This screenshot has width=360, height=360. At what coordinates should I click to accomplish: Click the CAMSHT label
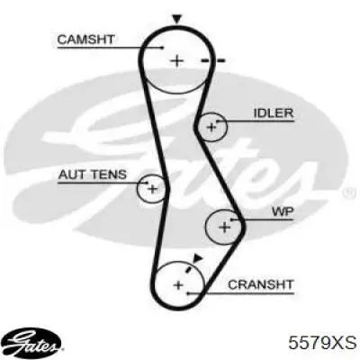85,40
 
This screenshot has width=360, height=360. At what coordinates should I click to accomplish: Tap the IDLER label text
273,113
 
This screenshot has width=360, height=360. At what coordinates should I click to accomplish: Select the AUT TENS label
93,175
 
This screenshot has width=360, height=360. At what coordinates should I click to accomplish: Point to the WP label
283,211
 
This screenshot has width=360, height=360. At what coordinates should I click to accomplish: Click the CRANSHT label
260,284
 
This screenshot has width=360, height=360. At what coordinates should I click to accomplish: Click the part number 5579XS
322,342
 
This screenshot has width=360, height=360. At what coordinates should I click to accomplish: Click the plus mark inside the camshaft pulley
176,60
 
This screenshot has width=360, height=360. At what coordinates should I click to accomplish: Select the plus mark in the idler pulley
211,127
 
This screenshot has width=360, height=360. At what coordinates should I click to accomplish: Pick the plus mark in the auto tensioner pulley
153,189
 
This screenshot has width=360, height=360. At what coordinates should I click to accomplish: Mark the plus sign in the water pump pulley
224,227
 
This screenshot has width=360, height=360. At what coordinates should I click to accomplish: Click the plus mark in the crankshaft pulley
178,284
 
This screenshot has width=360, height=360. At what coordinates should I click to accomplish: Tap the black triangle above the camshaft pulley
176,19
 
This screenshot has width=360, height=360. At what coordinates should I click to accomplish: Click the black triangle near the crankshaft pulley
197,258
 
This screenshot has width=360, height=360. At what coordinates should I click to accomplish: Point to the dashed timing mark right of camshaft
212,61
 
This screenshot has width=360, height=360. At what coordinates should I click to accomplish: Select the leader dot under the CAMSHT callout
162,48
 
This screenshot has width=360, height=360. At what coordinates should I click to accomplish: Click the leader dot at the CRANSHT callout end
186,293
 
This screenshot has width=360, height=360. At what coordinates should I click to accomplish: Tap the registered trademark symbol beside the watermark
347,193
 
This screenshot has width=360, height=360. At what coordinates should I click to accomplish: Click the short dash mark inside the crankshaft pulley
189,268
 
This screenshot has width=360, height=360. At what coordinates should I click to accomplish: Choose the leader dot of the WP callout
231,220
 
